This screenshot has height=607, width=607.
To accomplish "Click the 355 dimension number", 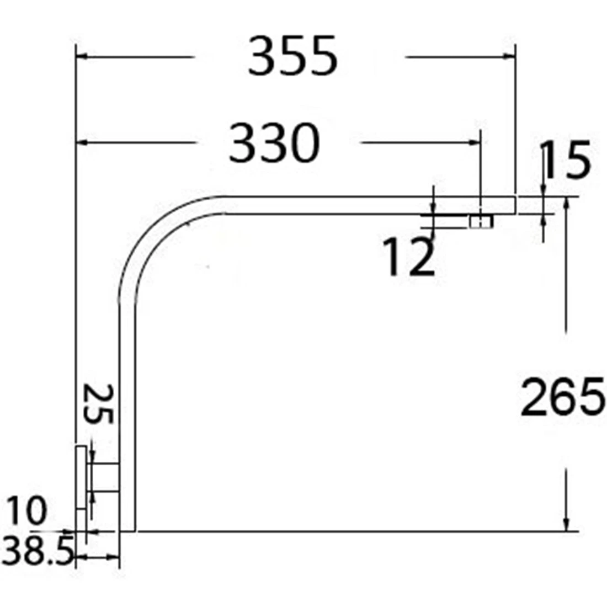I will coord(292,56).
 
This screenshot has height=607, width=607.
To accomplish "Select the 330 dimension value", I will coord(274,143).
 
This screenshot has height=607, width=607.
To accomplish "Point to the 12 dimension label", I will coord(409,257).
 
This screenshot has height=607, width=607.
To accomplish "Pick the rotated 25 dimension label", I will coord(99,404).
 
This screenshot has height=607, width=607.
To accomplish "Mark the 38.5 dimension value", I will coord(38,552).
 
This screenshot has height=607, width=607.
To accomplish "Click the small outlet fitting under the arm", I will coord(481,222).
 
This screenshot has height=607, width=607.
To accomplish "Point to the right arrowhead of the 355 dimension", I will coord(510,56).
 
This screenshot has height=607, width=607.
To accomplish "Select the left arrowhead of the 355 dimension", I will coord(81,56).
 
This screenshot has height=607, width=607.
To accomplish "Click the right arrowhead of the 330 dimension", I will coord(475,143).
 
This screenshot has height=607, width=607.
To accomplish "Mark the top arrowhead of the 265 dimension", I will coord(566,204).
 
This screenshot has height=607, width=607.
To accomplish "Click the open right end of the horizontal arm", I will coord(514,205).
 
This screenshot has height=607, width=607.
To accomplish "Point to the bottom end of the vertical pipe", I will coord(127,529).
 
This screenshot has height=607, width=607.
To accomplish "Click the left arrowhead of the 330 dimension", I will coord(81,143).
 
